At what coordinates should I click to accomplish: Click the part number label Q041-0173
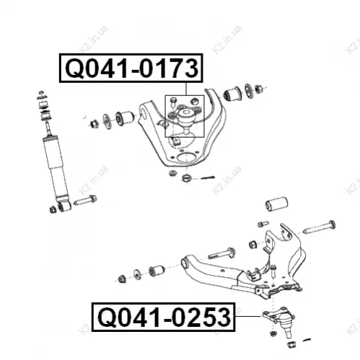(131, 69)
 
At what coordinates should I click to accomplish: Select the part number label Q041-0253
(164, 317)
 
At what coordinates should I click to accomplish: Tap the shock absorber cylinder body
(56, 167)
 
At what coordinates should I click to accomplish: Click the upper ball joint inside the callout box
(185, 117)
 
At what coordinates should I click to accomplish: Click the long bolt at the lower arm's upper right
(319, 227)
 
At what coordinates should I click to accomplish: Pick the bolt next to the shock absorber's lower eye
(85, 200)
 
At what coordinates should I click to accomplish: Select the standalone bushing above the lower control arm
(276, 204)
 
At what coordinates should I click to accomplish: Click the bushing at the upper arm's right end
(232, 94)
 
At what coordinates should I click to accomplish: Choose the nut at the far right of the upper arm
(258, 89)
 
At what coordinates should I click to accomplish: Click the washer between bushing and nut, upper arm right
(249, 91)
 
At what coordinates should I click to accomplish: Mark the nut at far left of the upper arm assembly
(95, 123)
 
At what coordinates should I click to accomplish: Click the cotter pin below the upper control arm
(208, 177)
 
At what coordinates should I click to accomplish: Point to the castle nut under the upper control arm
(187, 178)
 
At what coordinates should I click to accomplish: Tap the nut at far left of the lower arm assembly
(122, 278)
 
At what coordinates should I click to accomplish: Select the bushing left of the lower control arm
(157, 271)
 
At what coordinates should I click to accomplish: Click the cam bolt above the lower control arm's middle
(221, 253)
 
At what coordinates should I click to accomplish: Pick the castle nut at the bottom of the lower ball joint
(291, 344)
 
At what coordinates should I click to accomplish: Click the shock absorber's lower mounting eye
(64, 206)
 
